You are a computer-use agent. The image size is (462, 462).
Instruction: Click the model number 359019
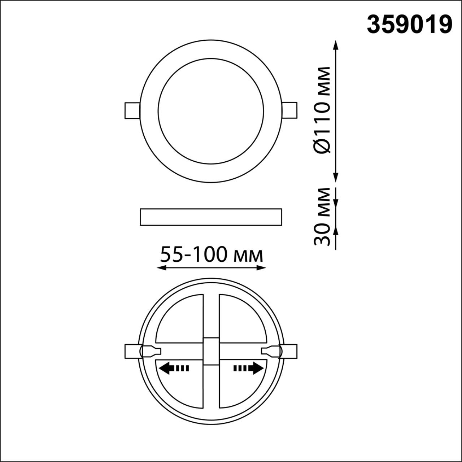409,25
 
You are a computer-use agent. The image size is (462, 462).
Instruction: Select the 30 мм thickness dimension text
322,217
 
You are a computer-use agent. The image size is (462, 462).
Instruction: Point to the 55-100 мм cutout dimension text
211,255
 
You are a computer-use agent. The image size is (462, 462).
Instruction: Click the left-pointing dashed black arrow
174,369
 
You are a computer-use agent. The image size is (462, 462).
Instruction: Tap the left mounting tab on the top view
131,110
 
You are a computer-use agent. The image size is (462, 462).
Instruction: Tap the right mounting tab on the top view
290,110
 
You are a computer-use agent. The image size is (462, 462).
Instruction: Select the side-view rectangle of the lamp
211,217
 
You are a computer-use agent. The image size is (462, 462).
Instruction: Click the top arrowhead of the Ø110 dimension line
336,45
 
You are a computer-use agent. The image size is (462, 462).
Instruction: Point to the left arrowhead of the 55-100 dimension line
161,268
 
